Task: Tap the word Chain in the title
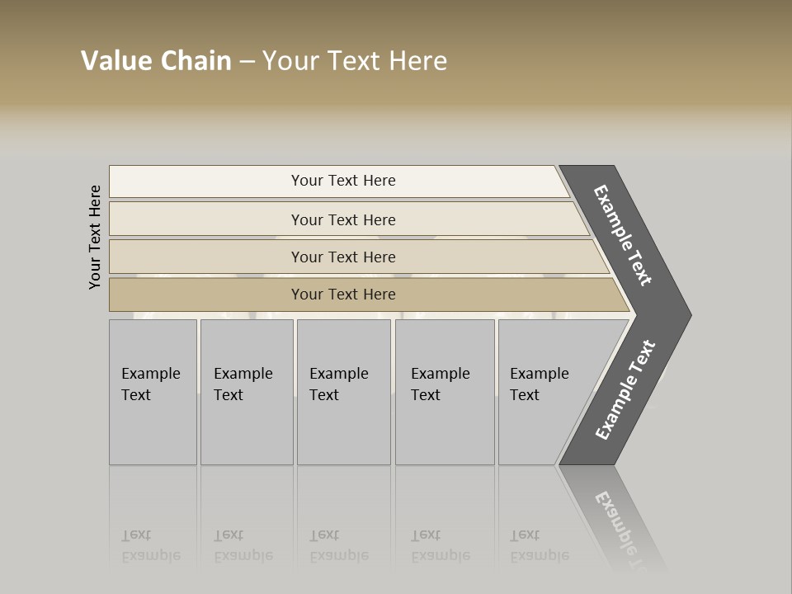click(196, 61)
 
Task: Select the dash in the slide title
click(247, 62)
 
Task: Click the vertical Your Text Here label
click(95, 237)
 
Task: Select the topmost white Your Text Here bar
click(343, 181)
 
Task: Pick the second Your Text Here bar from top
click(343, 219)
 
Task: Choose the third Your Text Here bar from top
click(343, 257)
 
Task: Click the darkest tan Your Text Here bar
click(343, 295)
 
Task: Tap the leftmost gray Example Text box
click(153, 392)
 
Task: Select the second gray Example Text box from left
click(247, 392)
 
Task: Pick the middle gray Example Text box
click(343, 392)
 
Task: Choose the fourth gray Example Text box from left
click(445, 392)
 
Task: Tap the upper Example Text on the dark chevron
click(623, 235)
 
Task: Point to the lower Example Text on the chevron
click(625, 390)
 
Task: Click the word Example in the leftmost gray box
click(150, 374)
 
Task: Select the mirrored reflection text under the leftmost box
click(150, 546)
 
